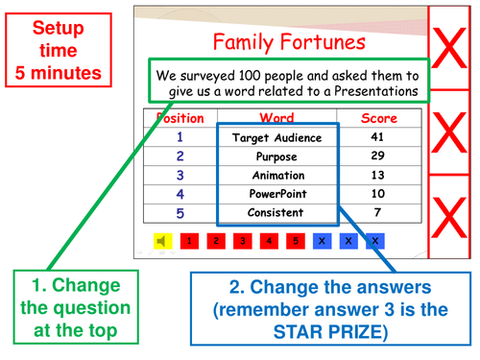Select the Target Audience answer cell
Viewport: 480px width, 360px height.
coord(276,137)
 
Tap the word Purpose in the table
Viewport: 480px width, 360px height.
coord(276,156)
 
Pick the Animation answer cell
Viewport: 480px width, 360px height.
coord(276,176)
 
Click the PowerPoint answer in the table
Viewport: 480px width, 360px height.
coord(276,194)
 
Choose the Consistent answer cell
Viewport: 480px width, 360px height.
coord(276,212)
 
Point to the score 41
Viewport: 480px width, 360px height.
coord(376,137)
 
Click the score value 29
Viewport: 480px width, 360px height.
coord(376,156)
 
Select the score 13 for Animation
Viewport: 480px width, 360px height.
coord(376,176)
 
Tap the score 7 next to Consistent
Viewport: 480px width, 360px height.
coord(376,212)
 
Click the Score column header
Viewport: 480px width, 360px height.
coord(377,118)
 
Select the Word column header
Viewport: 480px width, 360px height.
coord(276,118)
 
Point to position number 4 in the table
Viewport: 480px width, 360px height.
coord(180,194)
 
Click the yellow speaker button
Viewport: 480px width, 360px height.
coord(162,240)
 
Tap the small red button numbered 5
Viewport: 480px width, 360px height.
coord(296,240)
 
